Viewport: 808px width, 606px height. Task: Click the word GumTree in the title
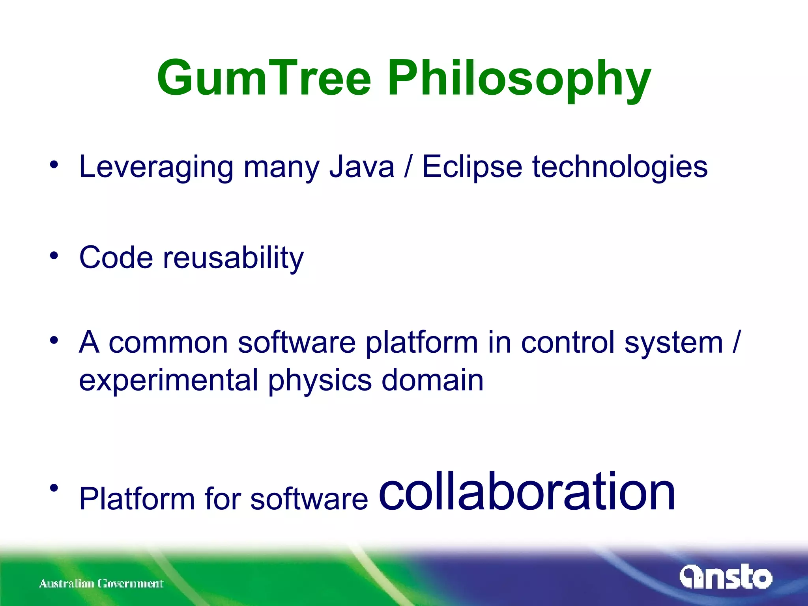point(264,78)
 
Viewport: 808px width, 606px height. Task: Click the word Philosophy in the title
point(519,79)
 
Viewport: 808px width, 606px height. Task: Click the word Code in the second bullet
point(116,258)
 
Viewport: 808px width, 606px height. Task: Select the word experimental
point(168,380)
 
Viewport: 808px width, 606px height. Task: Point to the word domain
point(432,380)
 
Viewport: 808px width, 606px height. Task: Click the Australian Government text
point(101,584)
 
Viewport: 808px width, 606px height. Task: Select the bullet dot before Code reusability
point(54,256)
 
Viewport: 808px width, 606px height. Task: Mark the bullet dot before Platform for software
point(54,488)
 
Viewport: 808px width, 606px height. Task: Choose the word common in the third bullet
point(168,342)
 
